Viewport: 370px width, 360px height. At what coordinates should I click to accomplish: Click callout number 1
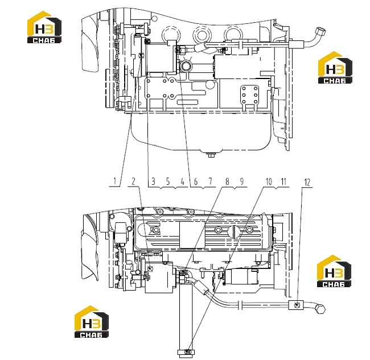(114, 181)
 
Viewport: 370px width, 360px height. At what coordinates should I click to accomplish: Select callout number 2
(133, 181)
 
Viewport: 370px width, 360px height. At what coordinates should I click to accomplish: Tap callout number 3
(153, 181)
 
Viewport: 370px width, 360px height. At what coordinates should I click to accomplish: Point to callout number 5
(168, 181)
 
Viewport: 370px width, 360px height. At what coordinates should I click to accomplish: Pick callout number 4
(182, 181)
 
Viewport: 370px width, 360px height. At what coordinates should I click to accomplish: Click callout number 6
(196, 181)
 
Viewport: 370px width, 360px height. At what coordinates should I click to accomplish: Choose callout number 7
(211, 181)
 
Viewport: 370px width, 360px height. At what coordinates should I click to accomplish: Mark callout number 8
(227, 181)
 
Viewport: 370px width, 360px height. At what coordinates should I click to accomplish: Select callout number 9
(241, 181)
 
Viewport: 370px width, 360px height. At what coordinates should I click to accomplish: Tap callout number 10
(269, 181)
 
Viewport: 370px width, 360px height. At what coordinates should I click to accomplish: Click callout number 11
(283, 181)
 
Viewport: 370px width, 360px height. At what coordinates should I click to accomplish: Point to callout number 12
(307, 182)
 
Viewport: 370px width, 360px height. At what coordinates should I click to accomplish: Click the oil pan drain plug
(211, 155)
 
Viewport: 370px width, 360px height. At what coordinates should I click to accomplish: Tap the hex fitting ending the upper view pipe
(320, 31)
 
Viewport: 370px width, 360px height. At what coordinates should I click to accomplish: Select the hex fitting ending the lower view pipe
(320, 309)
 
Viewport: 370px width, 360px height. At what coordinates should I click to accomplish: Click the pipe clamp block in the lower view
(296, 305)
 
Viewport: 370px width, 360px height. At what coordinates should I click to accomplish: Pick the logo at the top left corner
(44, 27)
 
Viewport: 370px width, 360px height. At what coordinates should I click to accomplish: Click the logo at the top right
(335, 68)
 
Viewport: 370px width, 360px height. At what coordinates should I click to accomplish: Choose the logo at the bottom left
(92, 321)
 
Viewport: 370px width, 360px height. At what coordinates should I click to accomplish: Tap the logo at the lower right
(334, 271)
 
